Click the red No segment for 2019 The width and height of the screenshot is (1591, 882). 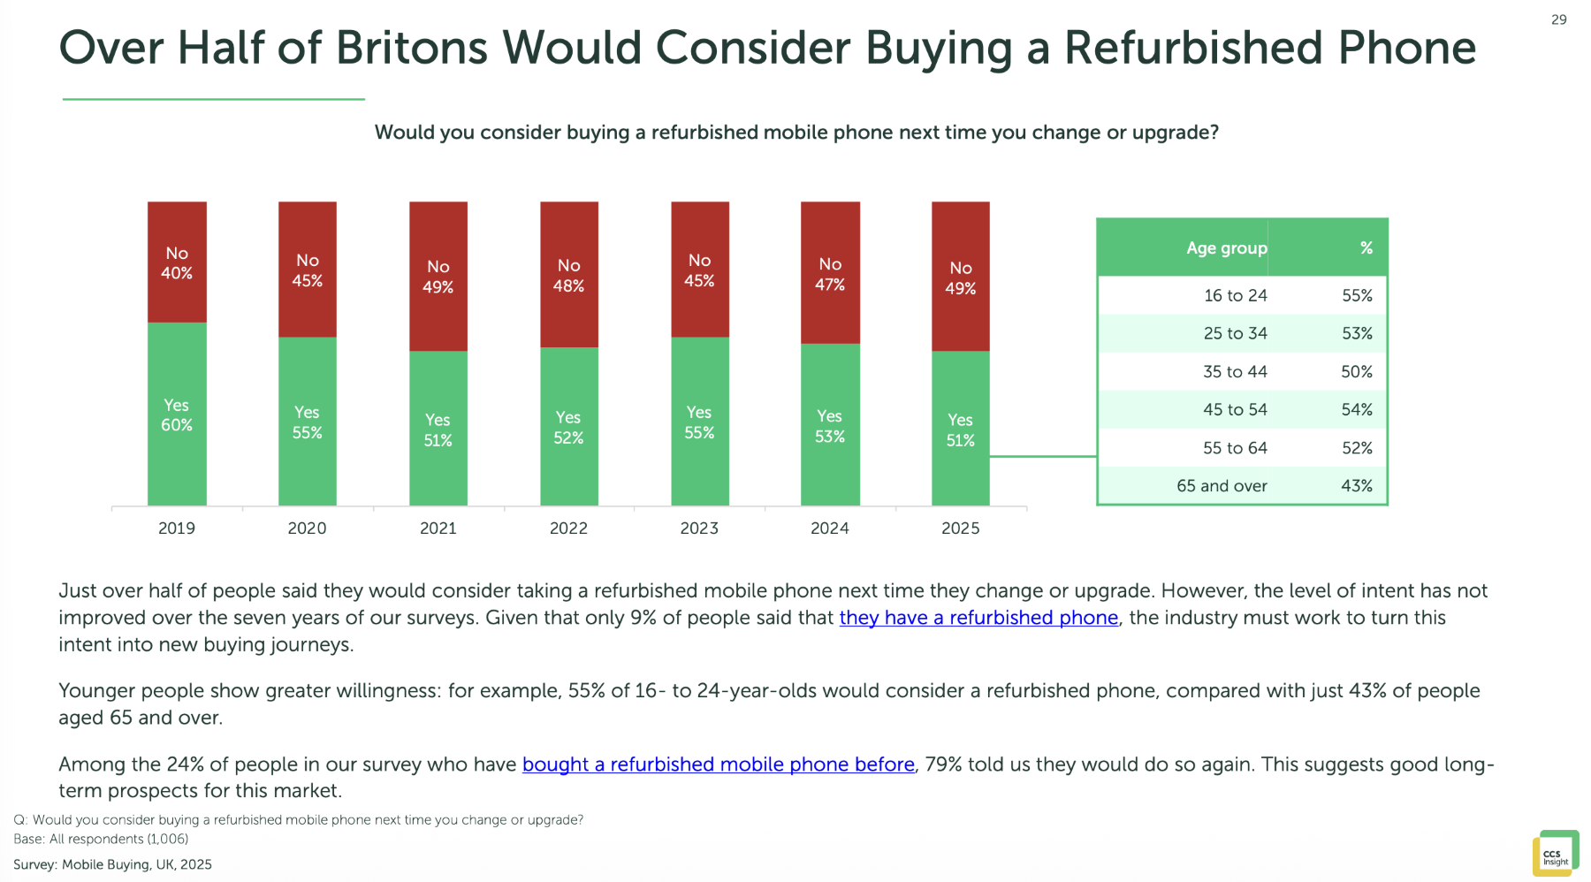coord(177,262)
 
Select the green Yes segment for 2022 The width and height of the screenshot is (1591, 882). coord(568,427)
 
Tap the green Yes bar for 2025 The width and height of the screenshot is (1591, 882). coord(960,430)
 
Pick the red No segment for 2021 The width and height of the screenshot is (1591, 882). coord(438,277)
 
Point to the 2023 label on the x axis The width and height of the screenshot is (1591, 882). coord(699,528)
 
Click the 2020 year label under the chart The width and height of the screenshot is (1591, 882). coord(307,528)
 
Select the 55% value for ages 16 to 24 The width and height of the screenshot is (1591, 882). coord(1357,296)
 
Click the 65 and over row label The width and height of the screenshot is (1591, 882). coord(1222,486)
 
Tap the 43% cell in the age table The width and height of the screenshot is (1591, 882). coord(1357,486)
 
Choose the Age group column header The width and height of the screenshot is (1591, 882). coord(1226,248)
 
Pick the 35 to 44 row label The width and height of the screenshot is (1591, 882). coord(1235,372)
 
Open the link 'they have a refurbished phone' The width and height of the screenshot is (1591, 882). coord(978,618)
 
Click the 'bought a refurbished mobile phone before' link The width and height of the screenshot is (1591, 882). coord(718,764)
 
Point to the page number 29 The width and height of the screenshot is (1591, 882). coord(1559,19)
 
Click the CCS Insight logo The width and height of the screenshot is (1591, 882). coord(1555,854)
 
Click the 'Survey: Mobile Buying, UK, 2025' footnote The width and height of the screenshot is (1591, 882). coord(112,864)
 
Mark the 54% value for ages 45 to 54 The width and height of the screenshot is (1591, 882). coord(1357,410)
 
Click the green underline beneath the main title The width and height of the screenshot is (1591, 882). coord(213,99)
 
